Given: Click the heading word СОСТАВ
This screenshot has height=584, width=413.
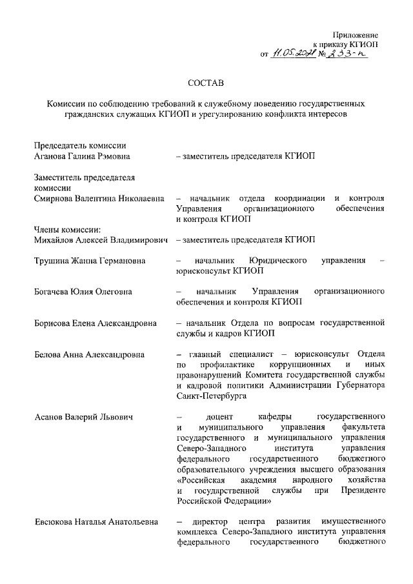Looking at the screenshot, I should tap(206, 83).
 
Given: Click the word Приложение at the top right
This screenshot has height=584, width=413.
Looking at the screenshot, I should tap(356, 34).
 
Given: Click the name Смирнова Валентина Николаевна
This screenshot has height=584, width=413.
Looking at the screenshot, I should tap(98, 198).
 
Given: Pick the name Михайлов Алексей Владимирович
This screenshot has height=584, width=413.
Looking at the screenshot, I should tap(101, 239).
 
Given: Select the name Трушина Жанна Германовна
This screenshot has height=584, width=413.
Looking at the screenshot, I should tap(90, 260).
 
